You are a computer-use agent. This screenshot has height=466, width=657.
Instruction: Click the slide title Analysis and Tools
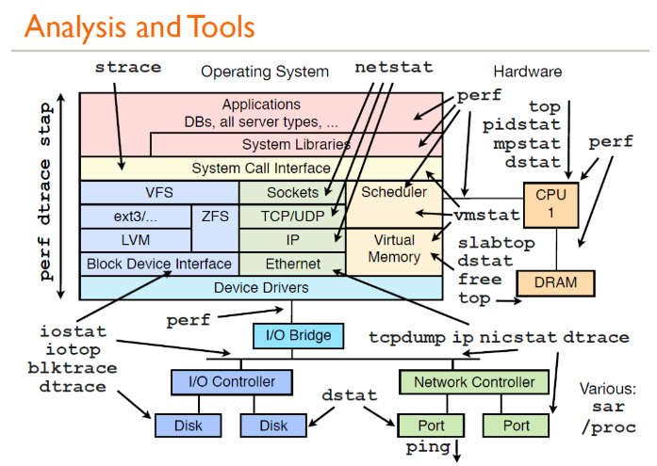[x=140, y=26]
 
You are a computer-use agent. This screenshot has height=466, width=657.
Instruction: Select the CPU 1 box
[x=551, y=202]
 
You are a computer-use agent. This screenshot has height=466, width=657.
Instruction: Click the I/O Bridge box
[x=291, y=334]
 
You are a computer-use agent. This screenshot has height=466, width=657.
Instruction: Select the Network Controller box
[x=474, y=382]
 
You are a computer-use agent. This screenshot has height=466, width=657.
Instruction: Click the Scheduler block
[x=394, y=192]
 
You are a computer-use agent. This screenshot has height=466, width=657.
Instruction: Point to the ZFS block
[x=214, y=216]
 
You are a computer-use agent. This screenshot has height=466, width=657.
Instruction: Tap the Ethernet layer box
[x=293, y=264]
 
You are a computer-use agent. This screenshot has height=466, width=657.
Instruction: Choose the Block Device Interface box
[x=158, y=264]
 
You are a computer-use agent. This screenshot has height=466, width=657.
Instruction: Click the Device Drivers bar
[x=261, y=287]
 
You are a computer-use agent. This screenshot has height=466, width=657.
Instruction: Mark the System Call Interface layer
[x=261, y=169]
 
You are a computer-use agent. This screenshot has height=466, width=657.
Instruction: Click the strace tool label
[x=128, y=67]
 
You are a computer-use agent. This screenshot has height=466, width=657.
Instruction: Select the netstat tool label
[x=394, y=68]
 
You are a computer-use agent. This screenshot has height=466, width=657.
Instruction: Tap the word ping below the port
[x=429, y=447]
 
